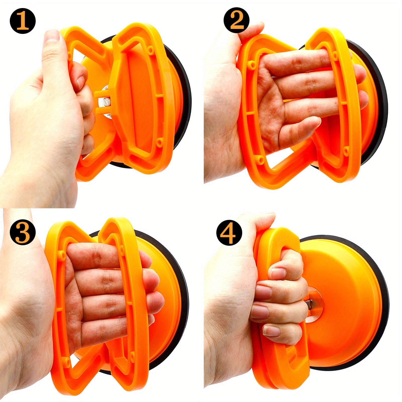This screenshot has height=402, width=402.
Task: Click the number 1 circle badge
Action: pyautogui.click(x=23, y=22)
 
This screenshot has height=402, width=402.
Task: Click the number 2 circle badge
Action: pyautogui.click(x=236, y=21)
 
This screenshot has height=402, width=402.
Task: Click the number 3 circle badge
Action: pyautogui.click(x=23, y=232)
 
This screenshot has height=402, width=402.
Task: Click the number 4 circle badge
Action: pyautogui.click(x=229, y=232)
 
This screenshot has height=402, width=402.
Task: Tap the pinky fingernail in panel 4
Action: pyautogui.click(x=271, y=331)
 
